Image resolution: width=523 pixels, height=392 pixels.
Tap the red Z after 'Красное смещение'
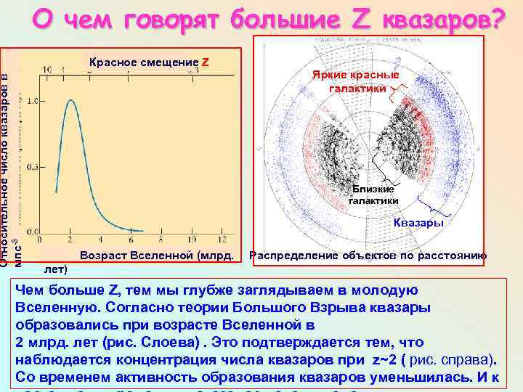tap(206, 62)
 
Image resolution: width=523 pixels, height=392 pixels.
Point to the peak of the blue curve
tap(70, 100)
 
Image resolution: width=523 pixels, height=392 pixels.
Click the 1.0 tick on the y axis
tap(32, 100)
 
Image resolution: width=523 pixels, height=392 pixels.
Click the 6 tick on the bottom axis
tap(131, 240)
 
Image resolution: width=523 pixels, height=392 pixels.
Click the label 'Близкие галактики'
tap(373, 195)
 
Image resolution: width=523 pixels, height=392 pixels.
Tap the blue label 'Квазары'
tap(418, 223)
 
